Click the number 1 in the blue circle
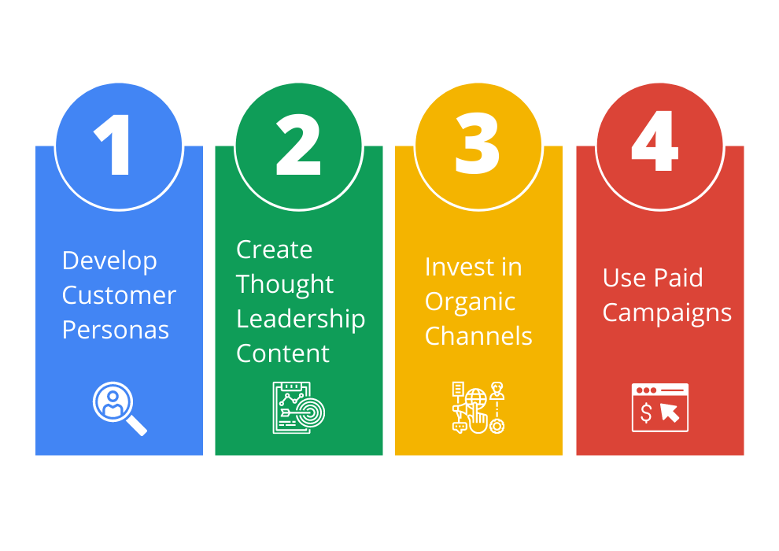pos(114,145)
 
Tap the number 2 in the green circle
pos(298,145)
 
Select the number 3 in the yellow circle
pos(477,143)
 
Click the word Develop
pos(109,261)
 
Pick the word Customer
pos(119,295)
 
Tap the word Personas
pos(115,330)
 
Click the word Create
pos(275,249)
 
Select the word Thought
pos(285,285)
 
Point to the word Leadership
pos(301,319)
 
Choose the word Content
pos(282,353)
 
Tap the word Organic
pos(470,302)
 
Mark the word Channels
pos(478,336)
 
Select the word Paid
pos(681,277)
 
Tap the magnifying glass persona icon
pos(120,409)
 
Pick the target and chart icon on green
pos(298,408)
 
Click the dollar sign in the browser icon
pos(646,412)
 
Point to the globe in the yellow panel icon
pos(475,398)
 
